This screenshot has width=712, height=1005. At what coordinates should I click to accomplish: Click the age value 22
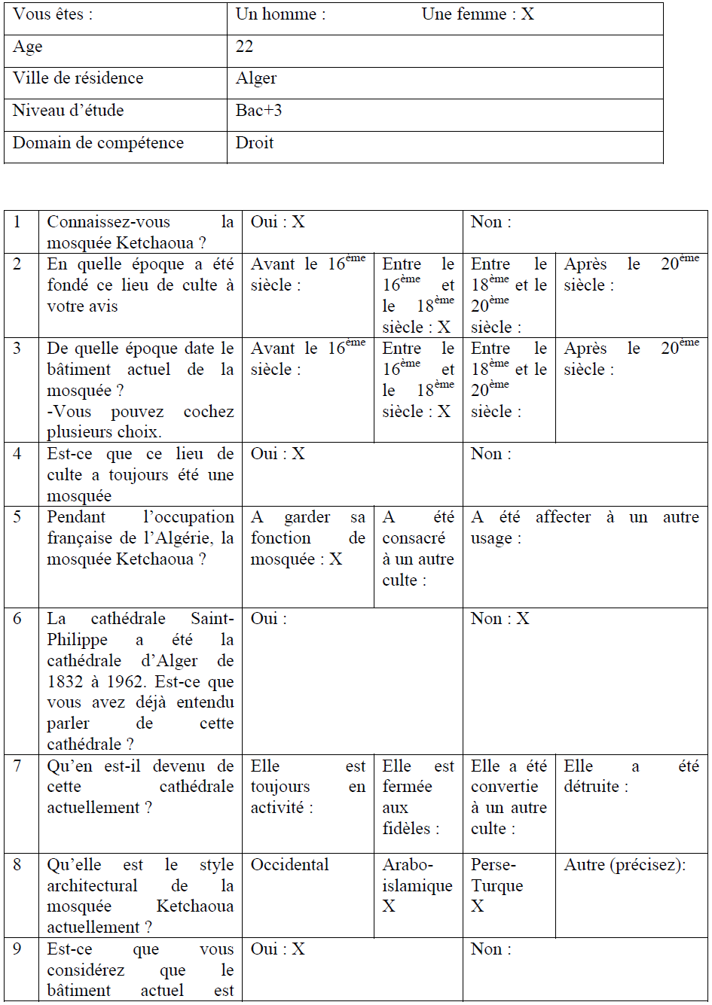[244, 47]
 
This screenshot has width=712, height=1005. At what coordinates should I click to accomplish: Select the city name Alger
[256, 78]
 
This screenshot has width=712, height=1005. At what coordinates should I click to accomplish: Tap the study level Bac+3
[258, 111]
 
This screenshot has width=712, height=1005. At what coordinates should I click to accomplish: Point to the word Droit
[255, 143]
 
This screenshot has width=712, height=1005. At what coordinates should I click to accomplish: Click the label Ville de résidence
[78, 78]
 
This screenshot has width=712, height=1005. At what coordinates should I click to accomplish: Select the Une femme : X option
[478, 14]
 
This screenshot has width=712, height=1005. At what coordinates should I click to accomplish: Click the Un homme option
[280, 14]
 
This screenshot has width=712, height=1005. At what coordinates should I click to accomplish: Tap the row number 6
[17, 619]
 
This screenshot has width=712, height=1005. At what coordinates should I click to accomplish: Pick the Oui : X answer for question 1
[277, 222]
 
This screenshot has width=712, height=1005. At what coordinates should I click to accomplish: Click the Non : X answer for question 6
[500, 619]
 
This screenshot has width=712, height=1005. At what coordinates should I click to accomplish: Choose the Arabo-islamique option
[417, 876]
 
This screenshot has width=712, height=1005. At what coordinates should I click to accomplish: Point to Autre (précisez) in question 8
[625, 865]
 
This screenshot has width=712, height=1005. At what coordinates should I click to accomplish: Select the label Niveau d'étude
[68, 111]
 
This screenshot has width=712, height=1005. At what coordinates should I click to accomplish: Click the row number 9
[17, 949]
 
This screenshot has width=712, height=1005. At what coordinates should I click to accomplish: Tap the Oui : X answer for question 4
[277, 454]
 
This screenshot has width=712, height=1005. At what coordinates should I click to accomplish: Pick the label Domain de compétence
[98, 143]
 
